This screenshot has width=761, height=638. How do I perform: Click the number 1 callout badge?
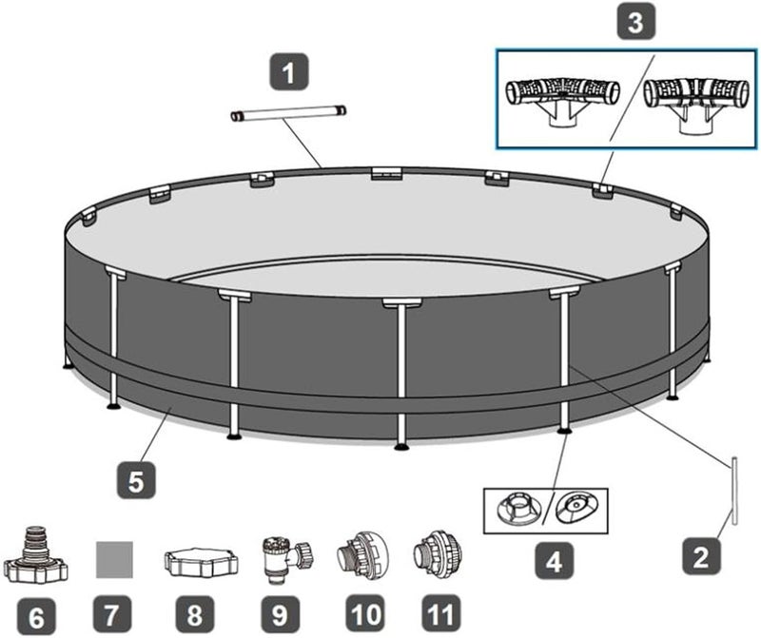point(289,72)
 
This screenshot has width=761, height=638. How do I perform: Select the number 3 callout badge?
point(635,20)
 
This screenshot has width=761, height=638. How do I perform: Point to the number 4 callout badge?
point(554,562)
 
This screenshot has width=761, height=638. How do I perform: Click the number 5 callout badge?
point(136,480)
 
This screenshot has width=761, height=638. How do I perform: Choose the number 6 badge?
point(36,616)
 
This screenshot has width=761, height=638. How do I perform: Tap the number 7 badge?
point(111,614)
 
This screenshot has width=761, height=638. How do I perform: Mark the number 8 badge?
point(195,614)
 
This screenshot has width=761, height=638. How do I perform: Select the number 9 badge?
point(280,614)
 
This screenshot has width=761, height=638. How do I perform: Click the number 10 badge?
point(365,613)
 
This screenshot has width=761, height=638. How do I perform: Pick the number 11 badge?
point(440,613)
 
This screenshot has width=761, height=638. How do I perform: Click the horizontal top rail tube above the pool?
point(288,113)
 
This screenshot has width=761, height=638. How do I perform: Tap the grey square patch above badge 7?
point(114,559)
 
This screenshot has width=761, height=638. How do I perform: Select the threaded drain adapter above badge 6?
point(36,554)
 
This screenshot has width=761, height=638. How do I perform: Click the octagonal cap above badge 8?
point(201,562)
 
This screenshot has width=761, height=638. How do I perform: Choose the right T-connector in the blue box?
point(695,102)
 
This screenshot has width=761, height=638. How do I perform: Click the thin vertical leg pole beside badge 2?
point(734,491)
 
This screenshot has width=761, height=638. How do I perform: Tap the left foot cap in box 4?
point(518,511)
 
